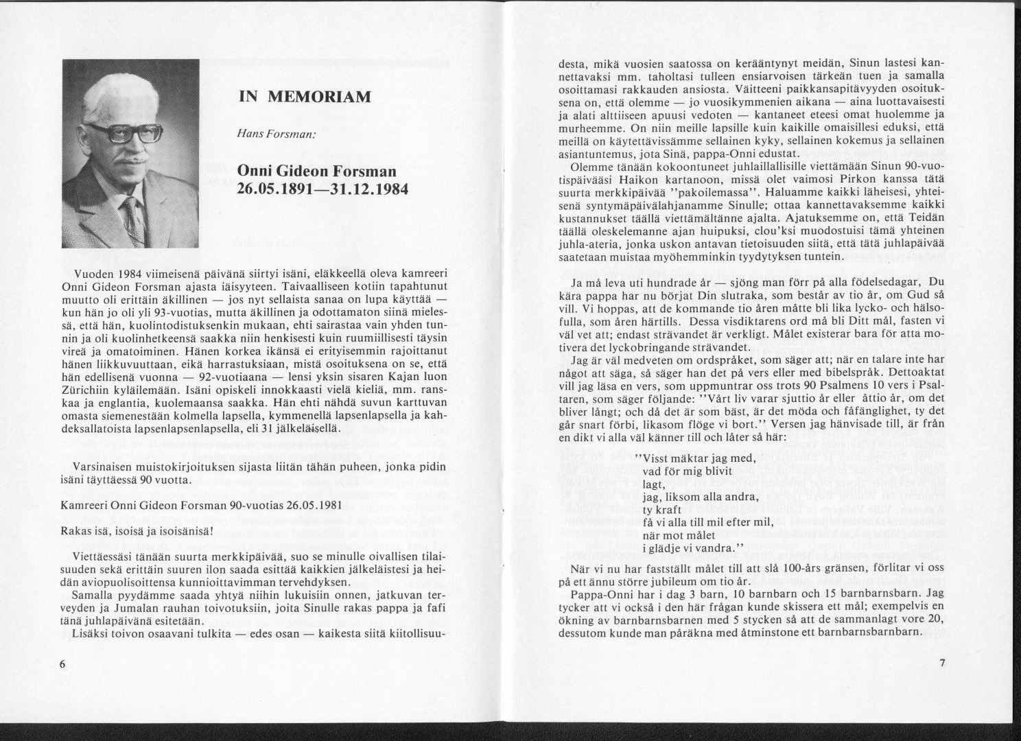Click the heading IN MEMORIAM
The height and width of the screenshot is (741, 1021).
304,97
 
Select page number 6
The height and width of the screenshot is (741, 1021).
62,664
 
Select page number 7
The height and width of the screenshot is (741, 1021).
942,664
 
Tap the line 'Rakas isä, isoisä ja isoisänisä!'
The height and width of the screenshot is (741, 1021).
137,531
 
